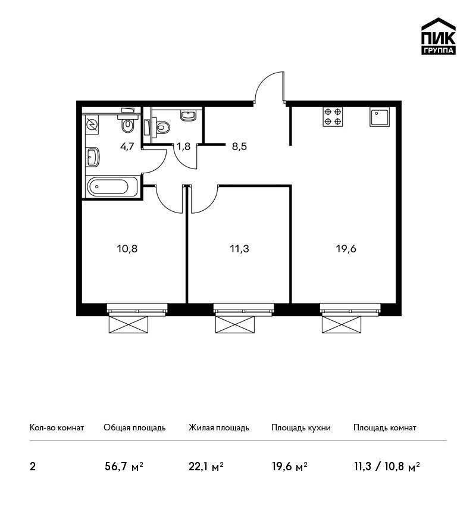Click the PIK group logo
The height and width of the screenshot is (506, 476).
click(x=439, y=36)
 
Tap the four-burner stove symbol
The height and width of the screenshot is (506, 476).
click(x=333, y=117)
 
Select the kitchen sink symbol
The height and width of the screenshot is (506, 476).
click(x=380, y=117)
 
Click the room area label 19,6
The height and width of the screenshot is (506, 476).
click(x=346, y=249)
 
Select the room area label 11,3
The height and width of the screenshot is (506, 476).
click(x=240, y=249)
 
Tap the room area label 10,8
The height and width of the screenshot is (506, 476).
click(x=127, y=249)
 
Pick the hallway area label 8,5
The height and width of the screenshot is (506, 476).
click(x=239, y=146)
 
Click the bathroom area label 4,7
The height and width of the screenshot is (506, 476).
click(x=127, y=147)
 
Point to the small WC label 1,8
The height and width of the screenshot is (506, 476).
click(x=183, y=147)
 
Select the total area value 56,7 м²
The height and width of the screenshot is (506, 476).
click(x=124, y=466)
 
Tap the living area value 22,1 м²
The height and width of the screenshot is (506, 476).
click(x=206, y=466)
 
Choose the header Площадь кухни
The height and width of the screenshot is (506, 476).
click(x=301, y=427)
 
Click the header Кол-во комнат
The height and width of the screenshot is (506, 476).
click(x=57, y=427)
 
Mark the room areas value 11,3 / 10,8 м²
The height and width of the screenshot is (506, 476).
click(x=387, y=466)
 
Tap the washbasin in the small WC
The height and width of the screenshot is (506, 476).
click(x=189, y=115)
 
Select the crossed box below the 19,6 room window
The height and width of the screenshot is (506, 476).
click(x=342, y=324)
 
